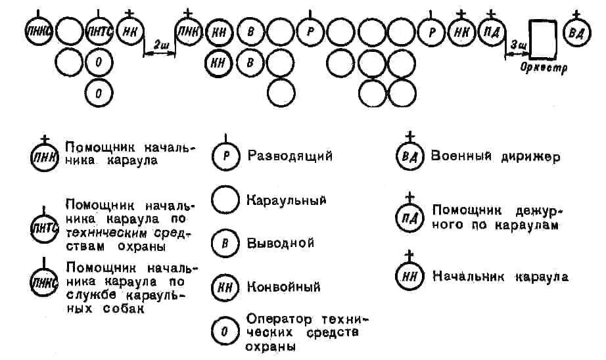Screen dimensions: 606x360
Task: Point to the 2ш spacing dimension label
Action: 159,45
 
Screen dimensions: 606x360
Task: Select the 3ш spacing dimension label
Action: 517,45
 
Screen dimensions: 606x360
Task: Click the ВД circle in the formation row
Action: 576,32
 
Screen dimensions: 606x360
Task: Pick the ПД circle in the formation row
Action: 491,32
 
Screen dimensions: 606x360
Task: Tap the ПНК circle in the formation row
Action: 189,32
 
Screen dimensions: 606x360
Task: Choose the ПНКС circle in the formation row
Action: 38,32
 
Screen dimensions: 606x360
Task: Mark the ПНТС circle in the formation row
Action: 99,32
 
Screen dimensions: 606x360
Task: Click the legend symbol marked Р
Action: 225,156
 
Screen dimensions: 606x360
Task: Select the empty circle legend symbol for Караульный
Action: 225,200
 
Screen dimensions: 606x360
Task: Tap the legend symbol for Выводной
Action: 225,243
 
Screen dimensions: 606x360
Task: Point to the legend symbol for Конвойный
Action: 225,286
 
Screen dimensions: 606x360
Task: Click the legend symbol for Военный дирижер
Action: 409,158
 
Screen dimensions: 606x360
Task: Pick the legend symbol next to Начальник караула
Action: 409,277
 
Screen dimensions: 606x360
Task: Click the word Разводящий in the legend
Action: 290,156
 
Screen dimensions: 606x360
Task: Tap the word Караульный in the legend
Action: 286,199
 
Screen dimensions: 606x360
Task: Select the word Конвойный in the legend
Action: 283,286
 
